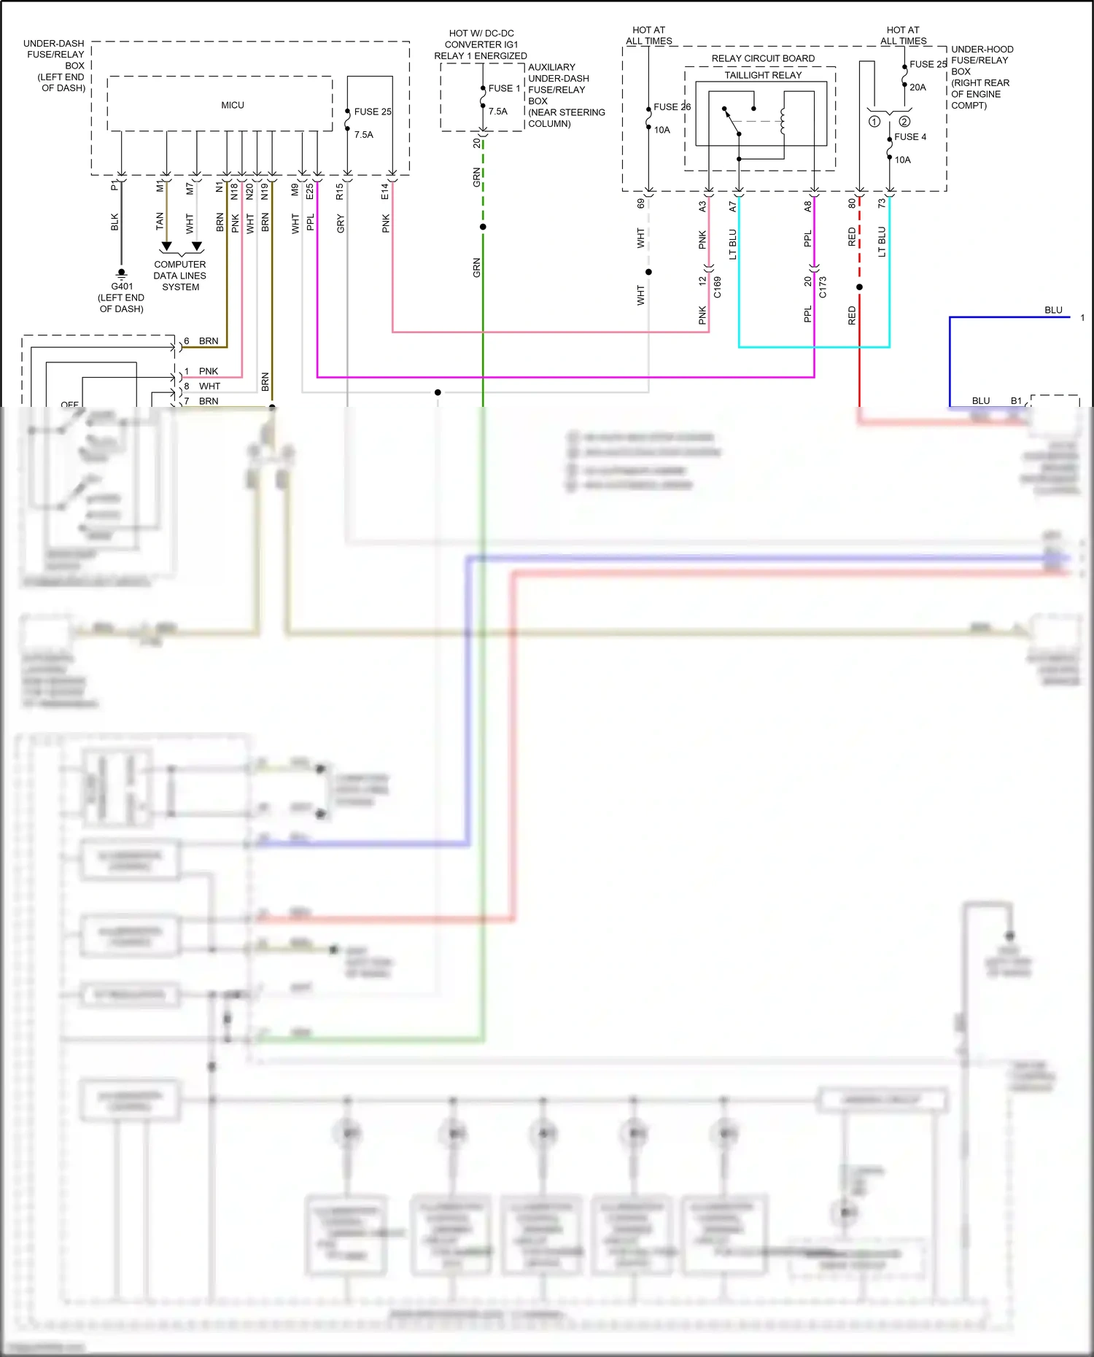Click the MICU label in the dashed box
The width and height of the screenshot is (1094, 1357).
click(x=233, y=105)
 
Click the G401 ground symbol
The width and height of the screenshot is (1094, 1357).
click(x=121, y=275)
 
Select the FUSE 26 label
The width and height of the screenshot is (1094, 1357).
click(x=672, y=106)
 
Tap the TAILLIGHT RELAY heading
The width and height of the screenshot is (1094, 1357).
click(x=762, y=75)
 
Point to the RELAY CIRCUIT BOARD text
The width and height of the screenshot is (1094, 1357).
click(x=763, y=58)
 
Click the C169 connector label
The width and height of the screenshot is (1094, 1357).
click(x=718, y=287)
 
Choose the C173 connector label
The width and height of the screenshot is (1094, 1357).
click(x=823, y=287)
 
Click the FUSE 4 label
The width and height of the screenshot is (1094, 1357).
click(x=910, y=136)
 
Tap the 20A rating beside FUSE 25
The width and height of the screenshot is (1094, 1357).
click(x=918, y=87)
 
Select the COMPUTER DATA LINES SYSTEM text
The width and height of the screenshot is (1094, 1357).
click(x=179, y=276)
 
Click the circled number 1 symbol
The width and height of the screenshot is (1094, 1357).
click(x=874, y=122)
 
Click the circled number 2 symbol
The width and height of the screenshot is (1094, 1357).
click(x=904, y=122)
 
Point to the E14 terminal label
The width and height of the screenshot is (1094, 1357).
click(x=384, y=192)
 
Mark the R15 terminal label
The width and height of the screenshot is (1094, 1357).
click(x=339, y=192)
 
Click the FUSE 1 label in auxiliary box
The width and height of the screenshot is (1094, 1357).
click(x=504, y=88)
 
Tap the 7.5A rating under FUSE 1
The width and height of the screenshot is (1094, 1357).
click(x=497, y=112)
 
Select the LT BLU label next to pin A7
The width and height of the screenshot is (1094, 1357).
click(x=733, y=244)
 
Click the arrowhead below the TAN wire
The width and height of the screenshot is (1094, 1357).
click(x=166, y=246)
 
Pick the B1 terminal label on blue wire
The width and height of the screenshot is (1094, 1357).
click(x=1016, y=401)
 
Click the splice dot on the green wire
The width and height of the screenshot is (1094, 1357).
click(x=483, y=227)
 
